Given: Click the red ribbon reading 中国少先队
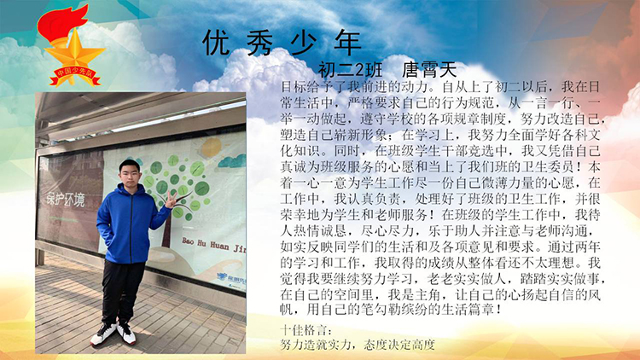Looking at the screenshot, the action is (x=75, y=76).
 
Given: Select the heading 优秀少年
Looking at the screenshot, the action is (x=282, y=43).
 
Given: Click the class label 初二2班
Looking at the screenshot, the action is (x=350, y=70).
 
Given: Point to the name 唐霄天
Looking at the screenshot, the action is (x=429, y=70).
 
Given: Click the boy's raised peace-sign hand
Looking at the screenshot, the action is (x=170, y=199).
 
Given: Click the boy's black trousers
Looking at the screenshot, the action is (x=122, y=291).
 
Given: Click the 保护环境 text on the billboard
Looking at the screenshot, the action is (x=66, y=200).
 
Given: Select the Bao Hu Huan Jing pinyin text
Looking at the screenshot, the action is (x=214, y=245).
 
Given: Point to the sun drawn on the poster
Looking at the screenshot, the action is (x=211, y=148).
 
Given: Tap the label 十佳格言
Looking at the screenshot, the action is (x=306, y=330).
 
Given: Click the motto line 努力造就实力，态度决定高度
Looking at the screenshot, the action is (x=358, y=345).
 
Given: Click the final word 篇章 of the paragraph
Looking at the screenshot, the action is (x=481, y=309).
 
